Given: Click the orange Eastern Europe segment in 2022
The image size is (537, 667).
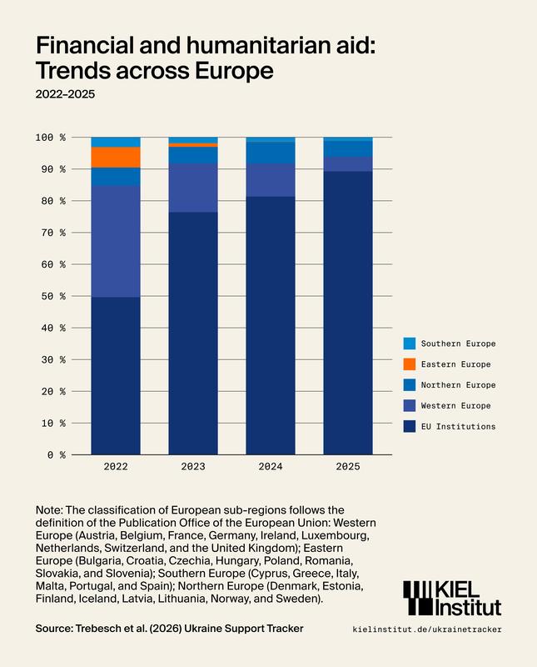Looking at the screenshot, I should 116,157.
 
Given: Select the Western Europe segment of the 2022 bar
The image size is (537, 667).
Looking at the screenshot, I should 116,241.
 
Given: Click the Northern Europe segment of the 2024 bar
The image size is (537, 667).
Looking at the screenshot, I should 271,153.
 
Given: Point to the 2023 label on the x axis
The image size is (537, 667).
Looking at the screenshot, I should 193,467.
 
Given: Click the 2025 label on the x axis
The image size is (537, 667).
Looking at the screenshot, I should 348,467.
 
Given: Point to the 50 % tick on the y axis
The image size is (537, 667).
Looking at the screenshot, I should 52,297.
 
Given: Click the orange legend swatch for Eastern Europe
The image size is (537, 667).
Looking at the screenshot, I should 409,364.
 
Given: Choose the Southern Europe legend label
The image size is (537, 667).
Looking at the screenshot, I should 458,344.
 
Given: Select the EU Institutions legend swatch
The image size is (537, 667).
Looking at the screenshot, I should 409,427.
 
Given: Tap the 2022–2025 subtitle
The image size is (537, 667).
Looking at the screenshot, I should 65,94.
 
